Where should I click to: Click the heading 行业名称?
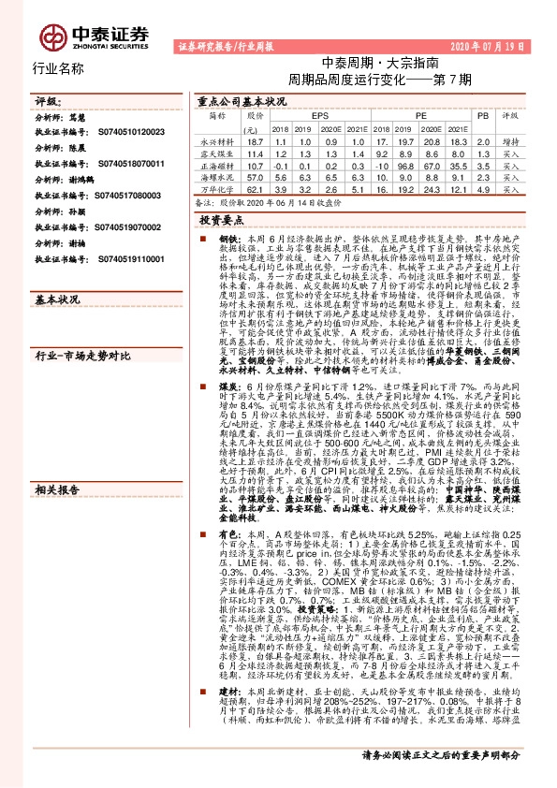(x=58, y=68)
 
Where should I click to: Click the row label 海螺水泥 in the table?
(x=215, y=175)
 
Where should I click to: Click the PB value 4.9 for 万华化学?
(x=482, y=188)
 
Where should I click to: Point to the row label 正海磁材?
(x=215, y=163)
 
